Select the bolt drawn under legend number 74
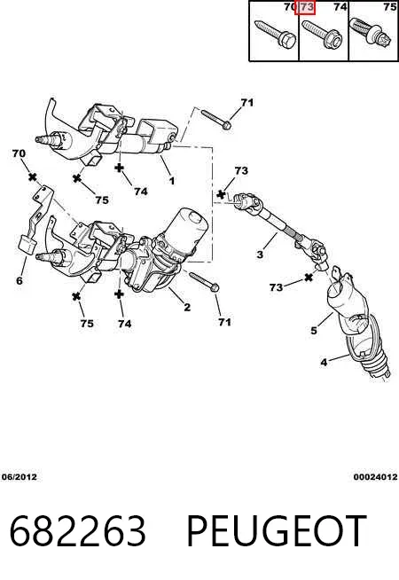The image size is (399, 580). coord(322,35)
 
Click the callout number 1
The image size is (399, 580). coord(172,181)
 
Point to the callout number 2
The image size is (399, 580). coord(187,307)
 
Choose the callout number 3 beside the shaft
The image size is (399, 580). coord(260,255)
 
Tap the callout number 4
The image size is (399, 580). coord(324,362)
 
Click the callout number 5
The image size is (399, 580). coord(314,330)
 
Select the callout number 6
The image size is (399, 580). coord(20,280)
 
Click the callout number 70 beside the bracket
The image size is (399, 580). coord(20,153)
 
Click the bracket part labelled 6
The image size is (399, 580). coord(35,221)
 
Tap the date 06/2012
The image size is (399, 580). coord(20,477)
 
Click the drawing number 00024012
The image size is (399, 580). coord(375,477)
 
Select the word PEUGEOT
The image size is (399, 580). coord(277,531)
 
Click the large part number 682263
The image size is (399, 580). coord(78,531)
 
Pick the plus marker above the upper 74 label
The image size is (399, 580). coord(119,168)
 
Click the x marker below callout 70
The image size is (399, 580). coord(33,177)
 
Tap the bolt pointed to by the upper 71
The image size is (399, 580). coord(216,119)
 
